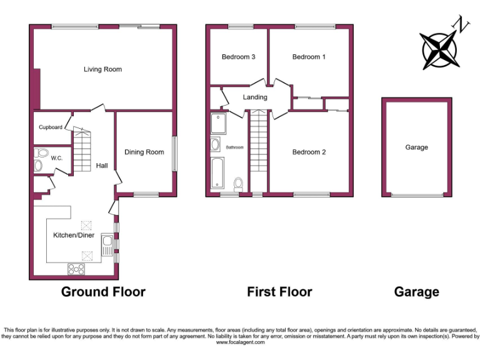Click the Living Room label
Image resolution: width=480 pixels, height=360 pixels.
click(102, 69)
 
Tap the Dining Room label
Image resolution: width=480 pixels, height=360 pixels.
click(144, 152)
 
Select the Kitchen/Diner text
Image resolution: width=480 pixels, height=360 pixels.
click(74, 236)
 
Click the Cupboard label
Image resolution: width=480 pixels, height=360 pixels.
click(51, 127)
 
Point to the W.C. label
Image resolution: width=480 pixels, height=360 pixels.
click(56, 158)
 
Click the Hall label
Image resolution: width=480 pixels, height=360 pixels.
click(102, 166)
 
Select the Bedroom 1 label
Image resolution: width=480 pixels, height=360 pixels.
click(309, 57)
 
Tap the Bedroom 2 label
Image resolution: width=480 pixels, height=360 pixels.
click(309, 152)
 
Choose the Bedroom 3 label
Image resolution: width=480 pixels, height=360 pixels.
click(238, 57)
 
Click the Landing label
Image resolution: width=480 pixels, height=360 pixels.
click(255, 97)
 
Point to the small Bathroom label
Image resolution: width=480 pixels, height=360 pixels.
click(234, 147)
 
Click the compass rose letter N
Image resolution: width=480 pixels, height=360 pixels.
click(463, 25)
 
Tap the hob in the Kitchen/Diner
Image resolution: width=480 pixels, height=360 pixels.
click(76, 269)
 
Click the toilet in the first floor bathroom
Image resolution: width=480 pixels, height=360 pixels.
click(238, 184)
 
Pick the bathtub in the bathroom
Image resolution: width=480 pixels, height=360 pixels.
click(216, 173)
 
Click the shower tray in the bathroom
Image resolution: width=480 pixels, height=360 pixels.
click(219, 124)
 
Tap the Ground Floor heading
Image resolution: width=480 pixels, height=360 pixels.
click(103, 292)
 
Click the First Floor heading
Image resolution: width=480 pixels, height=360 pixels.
click(279, 292)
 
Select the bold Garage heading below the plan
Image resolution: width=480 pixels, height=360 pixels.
click(416, 292)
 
